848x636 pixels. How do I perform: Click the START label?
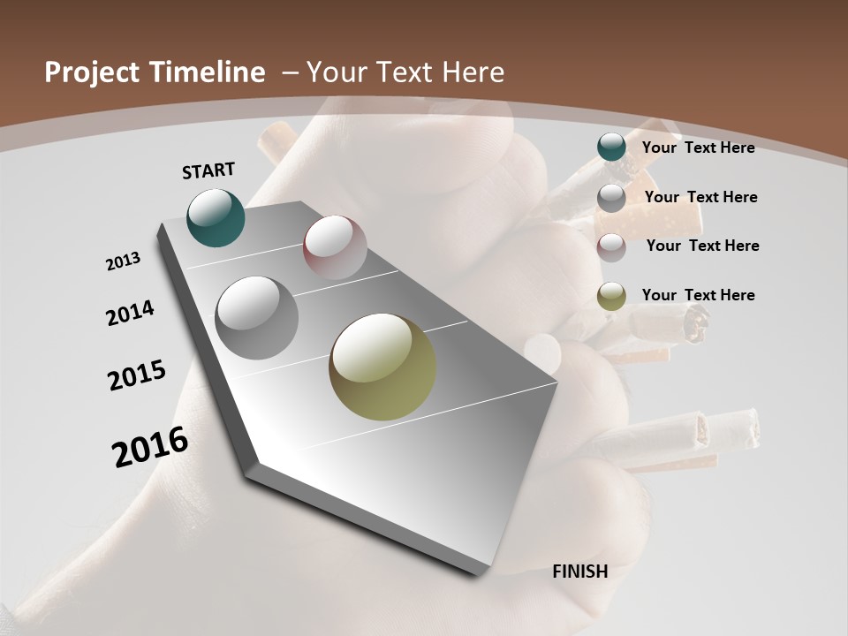(x=208, y=170)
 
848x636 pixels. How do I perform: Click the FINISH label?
(x=580, y=572)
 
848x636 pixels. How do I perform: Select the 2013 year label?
(x=124, y=261)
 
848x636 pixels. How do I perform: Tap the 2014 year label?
(x=131, y=313)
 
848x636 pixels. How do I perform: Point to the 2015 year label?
(x=137, y=375)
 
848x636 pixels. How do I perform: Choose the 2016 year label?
(x=150, y=447)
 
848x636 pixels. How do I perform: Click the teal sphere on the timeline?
(x=216, y=217)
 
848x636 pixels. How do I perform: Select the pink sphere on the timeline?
(x=335, y=246)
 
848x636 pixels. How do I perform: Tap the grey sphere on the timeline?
(x=256, y=317)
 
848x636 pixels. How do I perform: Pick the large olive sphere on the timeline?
(x=382, y=367)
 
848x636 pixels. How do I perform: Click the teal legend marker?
(x=611, y=148)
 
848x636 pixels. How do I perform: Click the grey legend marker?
(x=611, y=198)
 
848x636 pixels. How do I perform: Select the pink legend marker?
(x=611, y=246)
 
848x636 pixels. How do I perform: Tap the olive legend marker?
(x=611, y=296)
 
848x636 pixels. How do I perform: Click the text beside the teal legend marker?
(x=698, y=148)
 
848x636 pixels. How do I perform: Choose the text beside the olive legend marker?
(x=698, y=295)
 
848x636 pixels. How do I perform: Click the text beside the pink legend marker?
(x=702, y=246)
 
